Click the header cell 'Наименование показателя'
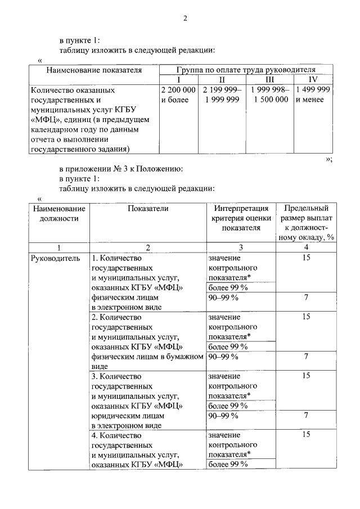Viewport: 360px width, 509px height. point(94,70)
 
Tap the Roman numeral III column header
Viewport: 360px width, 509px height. point(270,80)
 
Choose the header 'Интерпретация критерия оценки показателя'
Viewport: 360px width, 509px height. point(241,218)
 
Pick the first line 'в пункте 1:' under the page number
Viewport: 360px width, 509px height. point(80,40)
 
